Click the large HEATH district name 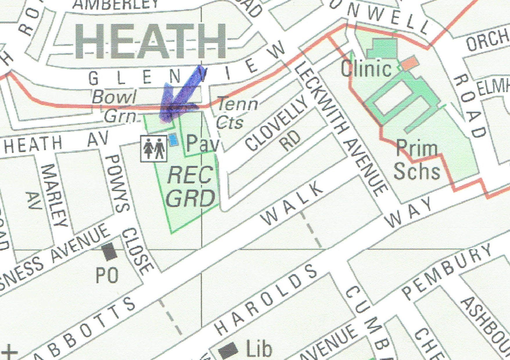point(150,41)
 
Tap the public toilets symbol point(154,148)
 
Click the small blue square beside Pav point(173,140)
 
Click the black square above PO point(109,252)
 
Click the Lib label point(259,349)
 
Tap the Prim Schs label point(417,160)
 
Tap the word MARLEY point(55,195)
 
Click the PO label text point(107,275)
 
